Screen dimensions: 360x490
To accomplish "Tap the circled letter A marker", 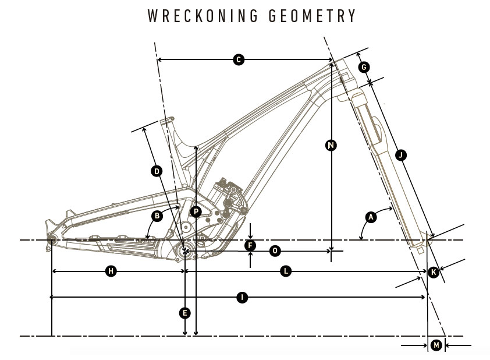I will tap(370, 217).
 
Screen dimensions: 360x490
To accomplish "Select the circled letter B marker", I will tap(156, 216).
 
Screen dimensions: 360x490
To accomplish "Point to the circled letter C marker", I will tap(238, 59).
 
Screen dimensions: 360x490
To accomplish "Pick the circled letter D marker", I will tap(156, 171).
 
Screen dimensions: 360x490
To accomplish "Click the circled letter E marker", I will tap(184, 313).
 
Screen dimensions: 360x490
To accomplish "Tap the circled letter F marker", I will tap(250, 245).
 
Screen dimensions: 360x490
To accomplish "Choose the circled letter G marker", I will tap(364, 67).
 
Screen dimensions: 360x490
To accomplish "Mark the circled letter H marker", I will tap(110, 271).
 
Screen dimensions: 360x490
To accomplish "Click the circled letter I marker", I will tap(243, 298).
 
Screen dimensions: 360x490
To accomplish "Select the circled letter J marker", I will tap(400, 154).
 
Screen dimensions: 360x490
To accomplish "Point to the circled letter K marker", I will tap(433, 271).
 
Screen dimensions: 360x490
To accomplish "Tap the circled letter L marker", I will tap(286, 271).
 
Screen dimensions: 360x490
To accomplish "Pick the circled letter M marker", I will tap(436, 345).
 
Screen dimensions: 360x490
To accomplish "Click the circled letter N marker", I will tap(331, 145).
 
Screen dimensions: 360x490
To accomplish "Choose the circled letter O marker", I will tap(275, 250).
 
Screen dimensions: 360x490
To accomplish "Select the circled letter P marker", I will tap(196, 212).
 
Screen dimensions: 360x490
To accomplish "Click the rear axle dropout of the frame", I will tap(52, 240).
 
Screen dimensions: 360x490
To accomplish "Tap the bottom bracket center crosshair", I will tap(186, 251).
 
